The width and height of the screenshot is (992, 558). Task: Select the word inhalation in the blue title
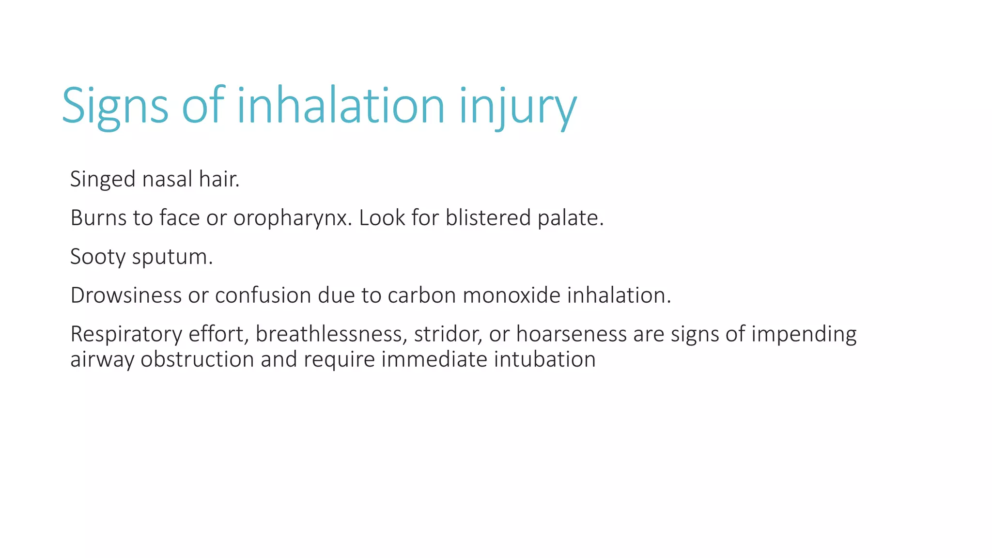(x=341, y=106)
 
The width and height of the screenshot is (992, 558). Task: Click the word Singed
(x=103, y=180)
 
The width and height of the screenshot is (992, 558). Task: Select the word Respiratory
(x=126, y=335)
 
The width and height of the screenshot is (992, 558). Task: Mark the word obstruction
(x=197, y=359)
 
